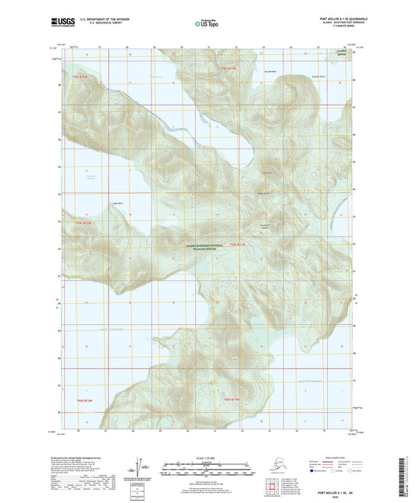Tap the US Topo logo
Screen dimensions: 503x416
pyautogui.click(x=208, y=23)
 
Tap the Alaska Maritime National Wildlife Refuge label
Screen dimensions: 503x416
pyautogui.click(x=208, y=247)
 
